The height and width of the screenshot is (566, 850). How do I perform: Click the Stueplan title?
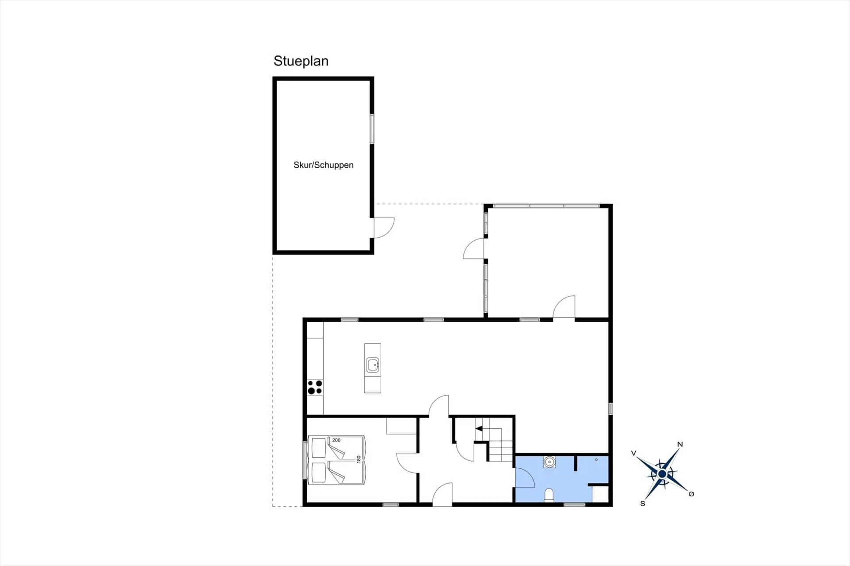pos(301,61)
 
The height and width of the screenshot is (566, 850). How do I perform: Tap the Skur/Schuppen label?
pos(324,165)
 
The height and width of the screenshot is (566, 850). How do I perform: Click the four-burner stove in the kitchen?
pos(315,387)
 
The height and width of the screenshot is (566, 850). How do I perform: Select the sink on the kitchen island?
pos(373,365)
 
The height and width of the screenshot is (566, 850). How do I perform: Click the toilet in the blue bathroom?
pos(549,495)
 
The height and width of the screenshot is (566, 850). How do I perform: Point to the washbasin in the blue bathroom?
pos(549,462)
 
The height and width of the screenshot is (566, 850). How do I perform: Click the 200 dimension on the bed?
pos(336,440)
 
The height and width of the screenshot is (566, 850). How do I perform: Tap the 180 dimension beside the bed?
pos(359,459)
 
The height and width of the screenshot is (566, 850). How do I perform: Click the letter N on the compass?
pos(680,444)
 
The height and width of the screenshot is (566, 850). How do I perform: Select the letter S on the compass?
pos(643,504)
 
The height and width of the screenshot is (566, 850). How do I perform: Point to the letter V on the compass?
pos(634,453)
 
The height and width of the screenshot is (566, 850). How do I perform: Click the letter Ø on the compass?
pos(692,494)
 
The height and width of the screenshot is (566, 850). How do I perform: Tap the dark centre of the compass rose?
pos(662,474)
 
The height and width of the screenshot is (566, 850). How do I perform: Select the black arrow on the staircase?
pos(479,428)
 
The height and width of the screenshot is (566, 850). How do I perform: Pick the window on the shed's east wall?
pos(372,129)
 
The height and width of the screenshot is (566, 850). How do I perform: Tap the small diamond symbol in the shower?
pos(596,460)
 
